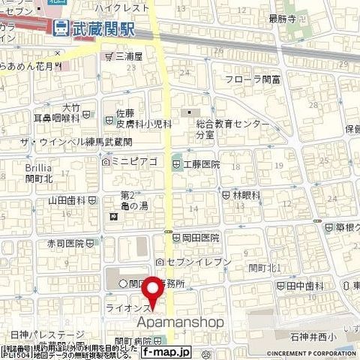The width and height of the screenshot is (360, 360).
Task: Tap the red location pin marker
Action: click(x=154, y=289)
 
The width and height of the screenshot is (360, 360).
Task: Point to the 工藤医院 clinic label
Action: click(x=201, y=163)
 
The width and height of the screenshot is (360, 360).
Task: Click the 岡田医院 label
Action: click(x=200, y=237)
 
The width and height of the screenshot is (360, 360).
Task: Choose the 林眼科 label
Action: click(x=246, y=194)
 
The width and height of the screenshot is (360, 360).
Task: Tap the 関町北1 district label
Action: click(x=265, y=267)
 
